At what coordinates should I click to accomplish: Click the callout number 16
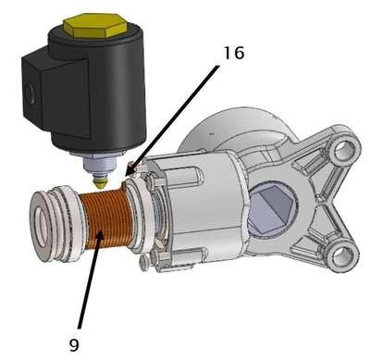(x=234, y=53)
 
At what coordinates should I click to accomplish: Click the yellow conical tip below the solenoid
(x=100, y=181)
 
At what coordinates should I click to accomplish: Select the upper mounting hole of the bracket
(x=342, y=150)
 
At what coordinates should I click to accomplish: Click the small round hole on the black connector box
(x=30, y=93)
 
